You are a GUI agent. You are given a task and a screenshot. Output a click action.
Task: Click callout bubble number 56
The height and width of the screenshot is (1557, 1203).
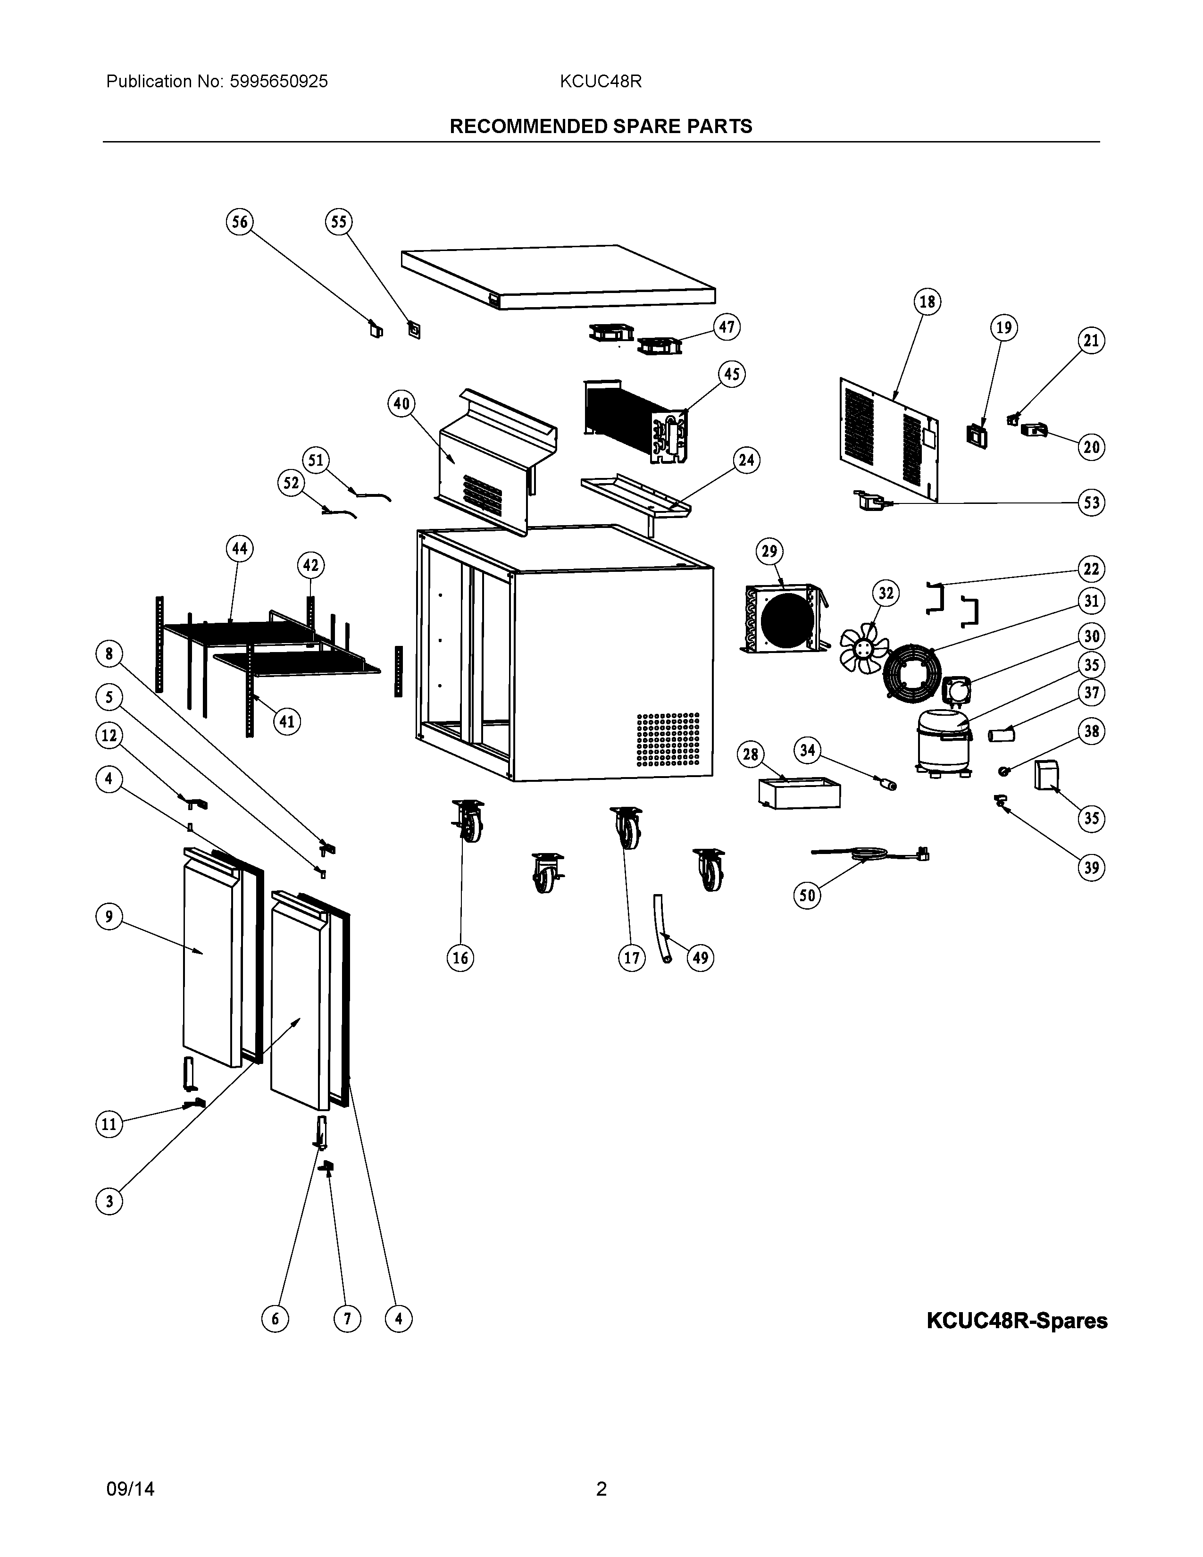tap(240, 222)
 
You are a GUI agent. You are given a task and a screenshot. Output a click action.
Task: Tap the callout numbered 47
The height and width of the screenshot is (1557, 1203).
tap(726, 327)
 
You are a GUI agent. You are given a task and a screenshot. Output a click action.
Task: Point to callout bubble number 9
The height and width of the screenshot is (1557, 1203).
tap(109, 916)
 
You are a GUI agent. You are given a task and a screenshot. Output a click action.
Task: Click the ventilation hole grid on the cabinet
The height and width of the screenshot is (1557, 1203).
tap(667, 738)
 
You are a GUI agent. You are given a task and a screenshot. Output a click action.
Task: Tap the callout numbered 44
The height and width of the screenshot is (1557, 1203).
tap(240, 549)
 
